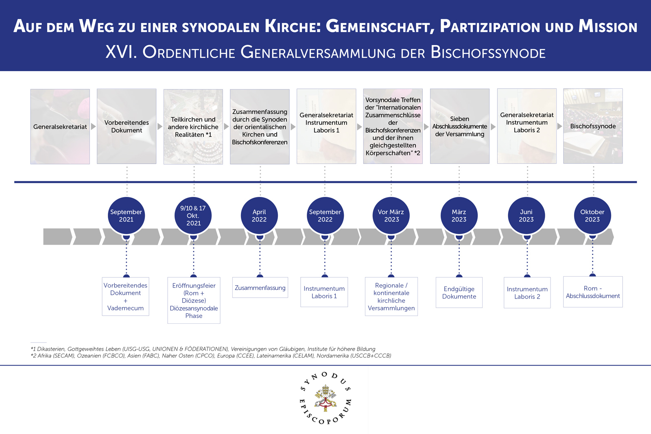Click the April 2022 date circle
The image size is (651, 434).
tap(259, 216)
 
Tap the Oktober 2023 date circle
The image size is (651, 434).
tap(592, 216)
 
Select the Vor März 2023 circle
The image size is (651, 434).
tap(391, 216)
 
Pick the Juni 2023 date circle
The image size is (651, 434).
tap(526, 216)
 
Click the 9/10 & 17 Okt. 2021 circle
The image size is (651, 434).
tap(193, 216)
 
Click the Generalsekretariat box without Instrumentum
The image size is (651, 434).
tap(60, 126)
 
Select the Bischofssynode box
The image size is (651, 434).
tap(593, 126)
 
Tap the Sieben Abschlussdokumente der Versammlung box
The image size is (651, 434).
tap(460, 126)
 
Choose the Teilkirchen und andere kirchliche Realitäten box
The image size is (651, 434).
tap(193, 126)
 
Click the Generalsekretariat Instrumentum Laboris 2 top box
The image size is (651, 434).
tap(527, 126)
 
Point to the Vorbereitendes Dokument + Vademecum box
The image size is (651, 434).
tap(125, 297)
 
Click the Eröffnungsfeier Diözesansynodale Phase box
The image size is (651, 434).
tap(194, 301)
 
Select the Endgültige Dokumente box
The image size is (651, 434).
tap(459, 292)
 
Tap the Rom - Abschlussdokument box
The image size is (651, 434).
tap(593, 292)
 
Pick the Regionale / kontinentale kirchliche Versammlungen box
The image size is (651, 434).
tap(391, 297)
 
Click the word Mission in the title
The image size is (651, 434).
tap(608, 27)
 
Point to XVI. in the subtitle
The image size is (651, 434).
tap(121, 52)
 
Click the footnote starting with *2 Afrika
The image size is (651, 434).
tap(211, 355)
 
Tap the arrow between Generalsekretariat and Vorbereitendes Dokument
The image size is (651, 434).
tap(94, 126)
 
